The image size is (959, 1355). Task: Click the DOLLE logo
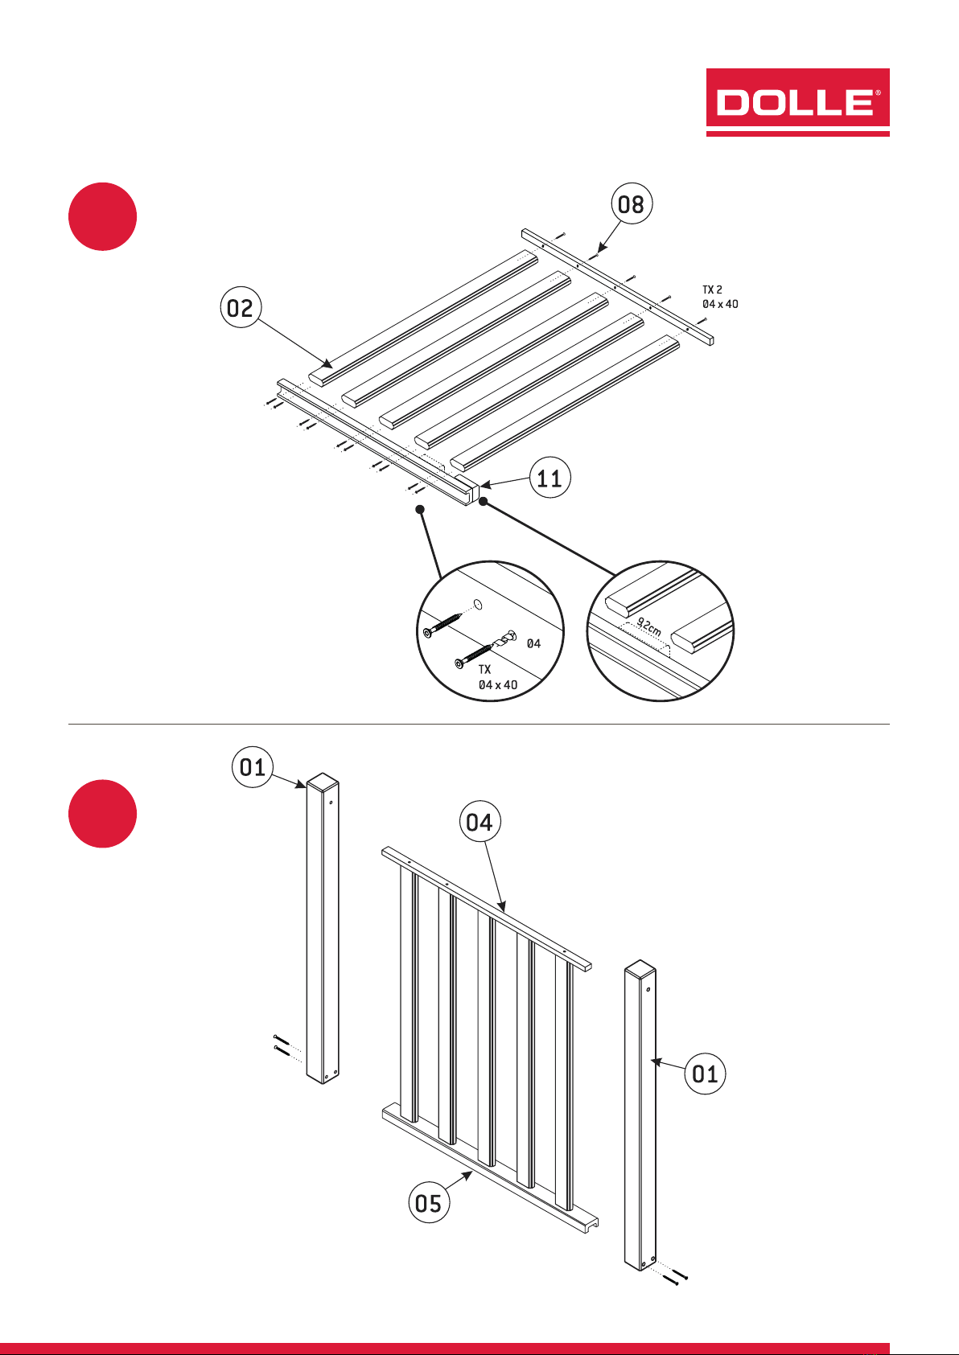point(797,102)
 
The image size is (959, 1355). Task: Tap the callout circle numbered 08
point(632,204)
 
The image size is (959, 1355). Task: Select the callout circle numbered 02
point(241,307)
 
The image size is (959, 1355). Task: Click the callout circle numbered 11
point(550,478)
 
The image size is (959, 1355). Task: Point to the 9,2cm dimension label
point(649,626)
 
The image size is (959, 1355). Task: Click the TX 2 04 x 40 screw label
point(720,297)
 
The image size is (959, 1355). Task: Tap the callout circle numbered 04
point(479,822)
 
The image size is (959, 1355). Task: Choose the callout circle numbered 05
point(429,1202)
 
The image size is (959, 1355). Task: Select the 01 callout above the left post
point(253,767)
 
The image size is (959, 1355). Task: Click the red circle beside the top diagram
point(102,216)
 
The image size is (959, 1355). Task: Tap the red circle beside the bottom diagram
point(102,814)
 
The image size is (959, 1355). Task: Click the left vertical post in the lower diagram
point(323,928)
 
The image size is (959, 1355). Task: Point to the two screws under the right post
point(675,1277)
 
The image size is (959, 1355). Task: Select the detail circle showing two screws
point(491,631)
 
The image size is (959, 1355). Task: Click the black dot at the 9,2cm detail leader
point(484,502)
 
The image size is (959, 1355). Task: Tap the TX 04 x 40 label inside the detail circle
point(497,677)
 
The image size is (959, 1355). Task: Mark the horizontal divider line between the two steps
point(479,724)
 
